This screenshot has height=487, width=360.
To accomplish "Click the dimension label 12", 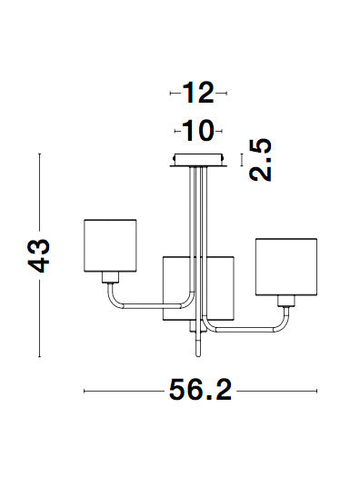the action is (x=198, y=93).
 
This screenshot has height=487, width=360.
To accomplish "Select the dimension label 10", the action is (x=198, y=131).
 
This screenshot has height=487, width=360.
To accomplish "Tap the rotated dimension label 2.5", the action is (x=261, y=160).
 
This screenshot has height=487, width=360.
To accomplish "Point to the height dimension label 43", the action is (x=38, y=255).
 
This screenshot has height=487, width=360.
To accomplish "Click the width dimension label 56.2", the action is (x=201, y=390).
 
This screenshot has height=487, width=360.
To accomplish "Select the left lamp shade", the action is (x=110, y=245).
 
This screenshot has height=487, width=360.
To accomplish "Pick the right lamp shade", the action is (x=286, y=267).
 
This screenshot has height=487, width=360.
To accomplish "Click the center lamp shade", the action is (x=198, y=288).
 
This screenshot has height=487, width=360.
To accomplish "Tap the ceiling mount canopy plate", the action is (x=198, y=160).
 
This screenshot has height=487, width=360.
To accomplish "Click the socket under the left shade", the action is (x=110, y=277).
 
